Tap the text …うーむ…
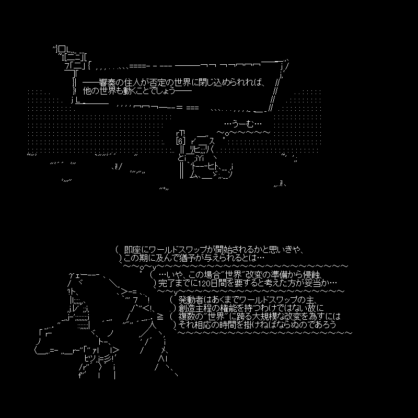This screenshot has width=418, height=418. pos(243,124)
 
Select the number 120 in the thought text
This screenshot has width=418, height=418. pos(205,283)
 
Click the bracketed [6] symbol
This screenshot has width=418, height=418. pos(181,141)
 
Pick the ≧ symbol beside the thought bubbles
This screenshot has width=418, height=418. pos(160,317)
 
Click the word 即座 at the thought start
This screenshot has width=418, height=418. pos(132,250)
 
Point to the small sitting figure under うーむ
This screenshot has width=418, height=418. pos(205,157)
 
